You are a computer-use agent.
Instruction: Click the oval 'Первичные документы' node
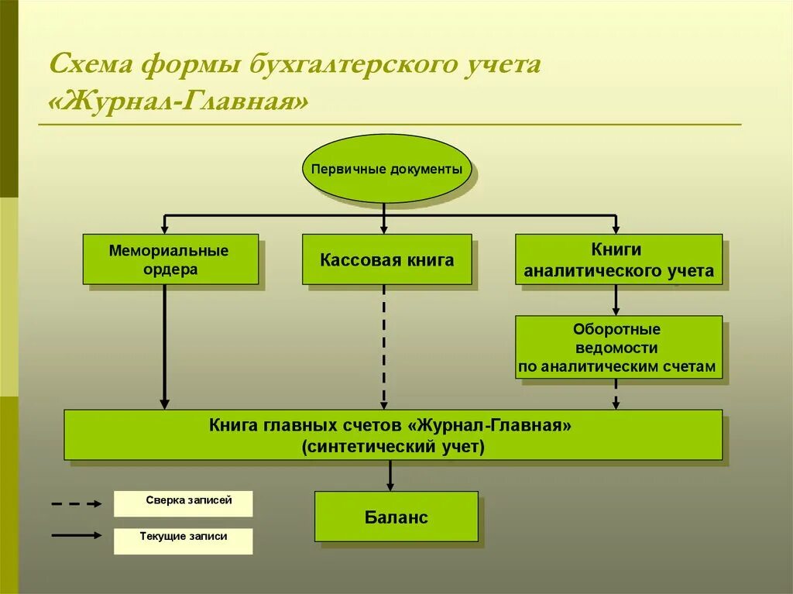386,168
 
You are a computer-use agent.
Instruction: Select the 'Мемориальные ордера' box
170,259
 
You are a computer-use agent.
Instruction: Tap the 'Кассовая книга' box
386,259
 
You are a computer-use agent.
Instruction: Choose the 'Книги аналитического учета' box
619,259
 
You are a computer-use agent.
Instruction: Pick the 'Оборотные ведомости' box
619,347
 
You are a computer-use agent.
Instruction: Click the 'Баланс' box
396,517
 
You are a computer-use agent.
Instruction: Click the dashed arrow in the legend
77,503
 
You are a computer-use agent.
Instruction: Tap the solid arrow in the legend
77,534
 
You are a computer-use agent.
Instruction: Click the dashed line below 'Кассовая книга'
384,345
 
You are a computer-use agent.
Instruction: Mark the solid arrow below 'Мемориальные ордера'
164,345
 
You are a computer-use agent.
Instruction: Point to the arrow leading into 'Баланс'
390,475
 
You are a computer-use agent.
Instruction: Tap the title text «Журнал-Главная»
178,101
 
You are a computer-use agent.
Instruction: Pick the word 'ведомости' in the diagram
616,349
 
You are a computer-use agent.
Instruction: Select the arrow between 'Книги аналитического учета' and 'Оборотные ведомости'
616,300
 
